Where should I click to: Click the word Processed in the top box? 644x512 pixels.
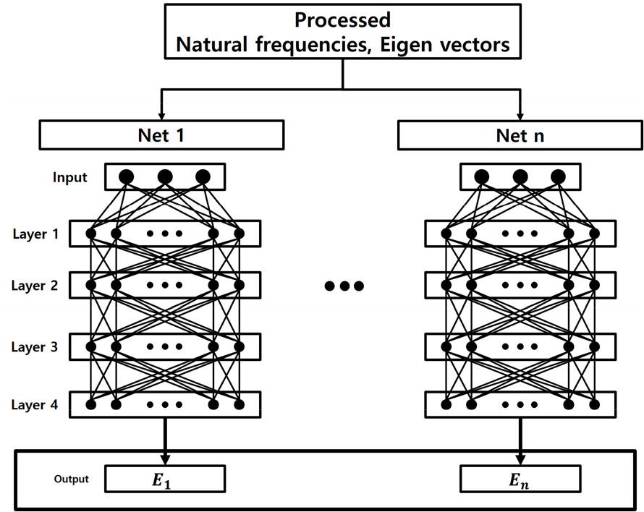[x=344, y=20]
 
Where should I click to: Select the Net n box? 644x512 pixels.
[x=520, y=135]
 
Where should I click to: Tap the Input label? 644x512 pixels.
[x=70, y=178]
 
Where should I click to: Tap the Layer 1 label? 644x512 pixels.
[x=35, y=234]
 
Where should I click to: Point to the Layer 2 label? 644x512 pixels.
[x=35, y=285]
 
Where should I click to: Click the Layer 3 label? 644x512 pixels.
[x=35, y=347]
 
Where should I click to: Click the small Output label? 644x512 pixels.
[x=72, y=479]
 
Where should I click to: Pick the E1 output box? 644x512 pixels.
[x=165, y=479]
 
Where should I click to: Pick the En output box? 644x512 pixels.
[x=520, y=479]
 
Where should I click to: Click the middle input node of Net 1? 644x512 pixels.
[x=165, y=176]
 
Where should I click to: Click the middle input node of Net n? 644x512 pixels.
[x=520, y=176]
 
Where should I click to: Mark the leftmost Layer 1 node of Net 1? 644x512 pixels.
[x=91, y=234]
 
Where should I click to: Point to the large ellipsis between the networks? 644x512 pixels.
[x=344, y=286]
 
